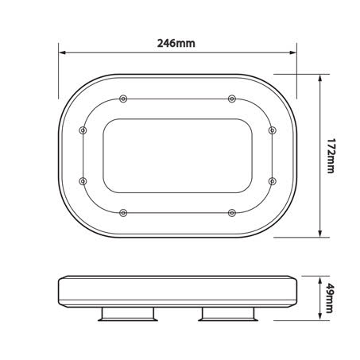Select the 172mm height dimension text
click(x=331, y=157)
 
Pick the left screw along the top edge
click(x=122, y=98)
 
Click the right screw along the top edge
click(x=232, y=98)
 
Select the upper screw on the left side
click(x=83, y=130)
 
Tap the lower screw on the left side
click(x=83, y=181)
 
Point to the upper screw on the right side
click(x=271, y=130)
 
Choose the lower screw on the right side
click(x=271, y=181)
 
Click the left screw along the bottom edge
click(x=122, y=213)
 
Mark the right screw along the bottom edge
click(x=232, y=213)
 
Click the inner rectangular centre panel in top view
click(x=177, y=156)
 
